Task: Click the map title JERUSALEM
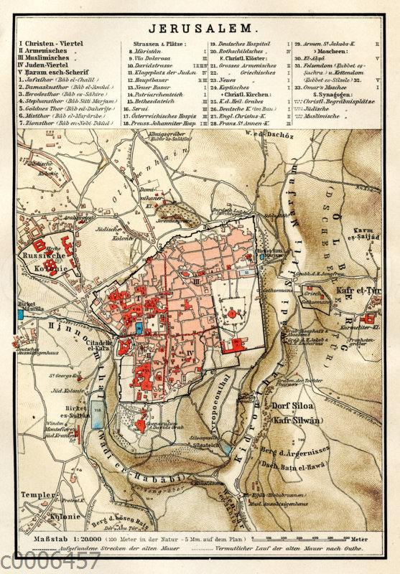click(200, 29)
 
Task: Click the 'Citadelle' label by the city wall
click(96, 344)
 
